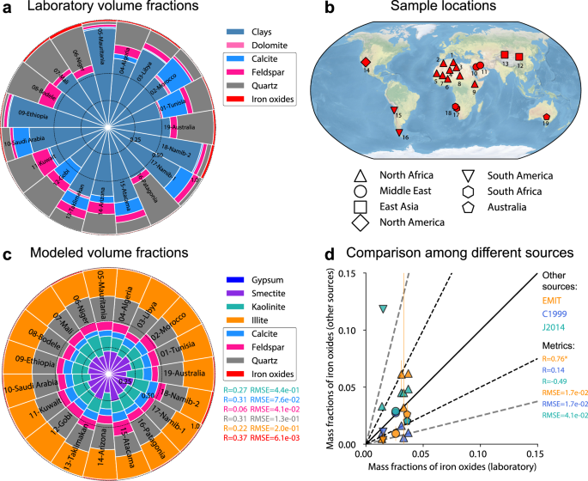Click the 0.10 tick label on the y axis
click(351, 330)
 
